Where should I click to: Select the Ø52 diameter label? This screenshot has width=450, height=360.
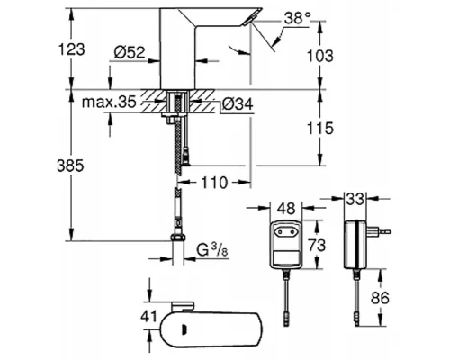130,52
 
